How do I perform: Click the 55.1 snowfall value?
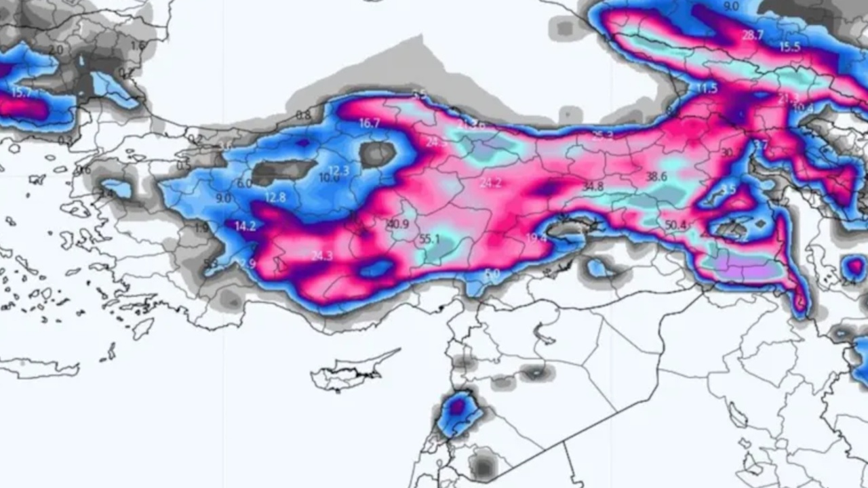pos(429,239)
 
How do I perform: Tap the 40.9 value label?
pos(398,224)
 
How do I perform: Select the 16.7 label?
pos(370,123)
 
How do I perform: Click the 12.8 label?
pos(275,198)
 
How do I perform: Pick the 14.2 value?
pos(245,226)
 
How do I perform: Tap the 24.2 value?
pos(490,183)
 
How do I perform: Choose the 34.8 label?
pos(592,186)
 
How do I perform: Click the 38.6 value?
pos(656,176)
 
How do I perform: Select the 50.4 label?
pos(675,225)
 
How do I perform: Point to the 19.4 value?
pos(536,238)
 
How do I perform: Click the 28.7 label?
pos(752,35)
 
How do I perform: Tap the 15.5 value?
pos(789,47)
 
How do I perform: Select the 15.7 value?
pos(21,93)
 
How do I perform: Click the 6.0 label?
pos(244,184)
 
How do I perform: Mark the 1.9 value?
pos(201,228)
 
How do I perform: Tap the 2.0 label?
pos(56,49)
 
